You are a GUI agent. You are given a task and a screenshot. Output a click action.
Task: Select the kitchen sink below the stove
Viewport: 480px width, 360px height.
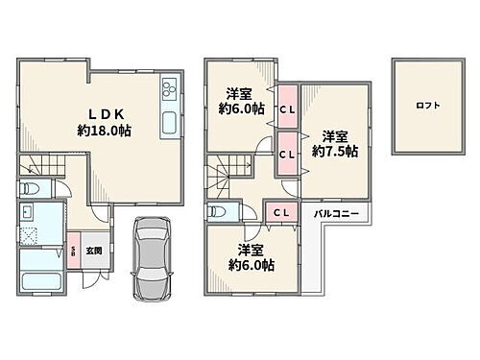[x=170, y=123]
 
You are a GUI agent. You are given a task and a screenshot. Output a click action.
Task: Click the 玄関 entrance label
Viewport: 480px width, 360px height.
[x=94, y=251]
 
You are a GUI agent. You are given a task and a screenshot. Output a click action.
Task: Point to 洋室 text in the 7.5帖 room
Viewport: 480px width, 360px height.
[x=335, y=135]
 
